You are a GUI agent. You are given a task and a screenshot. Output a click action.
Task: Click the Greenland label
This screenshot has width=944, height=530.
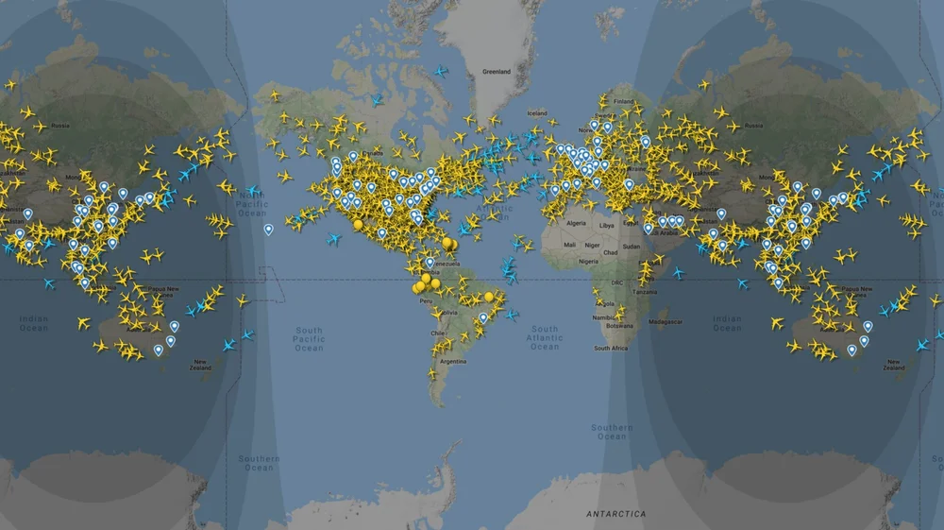(496, 72)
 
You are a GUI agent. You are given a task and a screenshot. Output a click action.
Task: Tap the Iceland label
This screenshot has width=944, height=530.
(537, 113)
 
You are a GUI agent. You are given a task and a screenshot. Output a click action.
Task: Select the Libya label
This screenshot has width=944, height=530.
(606, 226)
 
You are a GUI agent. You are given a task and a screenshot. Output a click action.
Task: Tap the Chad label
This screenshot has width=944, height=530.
(611, 252)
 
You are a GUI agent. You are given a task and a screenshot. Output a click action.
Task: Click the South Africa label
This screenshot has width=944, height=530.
(612, 349)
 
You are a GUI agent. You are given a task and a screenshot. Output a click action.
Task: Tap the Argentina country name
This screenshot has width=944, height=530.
(453, 362)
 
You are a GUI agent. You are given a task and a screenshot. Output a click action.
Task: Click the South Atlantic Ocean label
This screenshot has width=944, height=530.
(545, 337)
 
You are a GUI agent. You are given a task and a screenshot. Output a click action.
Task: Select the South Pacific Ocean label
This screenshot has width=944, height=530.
(309, 339)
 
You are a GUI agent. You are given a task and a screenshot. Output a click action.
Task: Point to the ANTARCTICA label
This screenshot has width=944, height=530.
(616, 514)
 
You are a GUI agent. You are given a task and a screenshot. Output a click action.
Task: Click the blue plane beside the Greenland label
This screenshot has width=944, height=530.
(439, 71)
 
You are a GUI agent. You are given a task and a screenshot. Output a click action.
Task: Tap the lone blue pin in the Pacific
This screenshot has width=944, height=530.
(268, 229)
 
